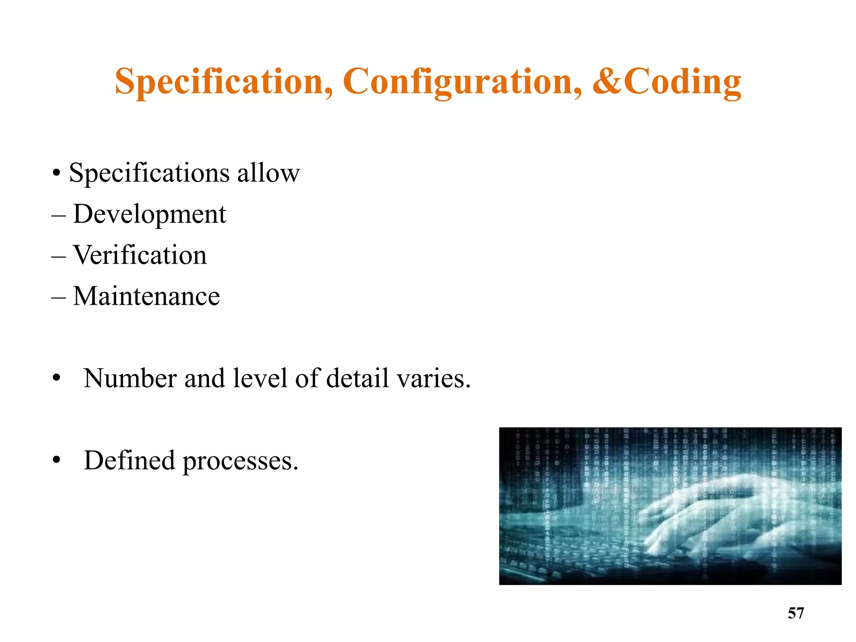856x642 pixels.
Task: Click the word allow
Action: tap(268, 173)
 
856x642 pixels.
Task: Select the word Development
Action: tap(149, 214)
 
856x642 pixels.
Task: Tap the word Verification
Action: tap(140, 255)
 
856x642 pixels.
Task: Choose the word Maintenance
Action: tap(146, 296)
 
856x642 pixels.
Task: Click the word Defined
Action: tap(129, 460)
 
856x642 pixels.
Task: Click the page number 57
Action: tap(795, 613)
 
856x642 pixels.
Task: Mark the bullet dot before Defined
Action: tap(57, 461)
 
